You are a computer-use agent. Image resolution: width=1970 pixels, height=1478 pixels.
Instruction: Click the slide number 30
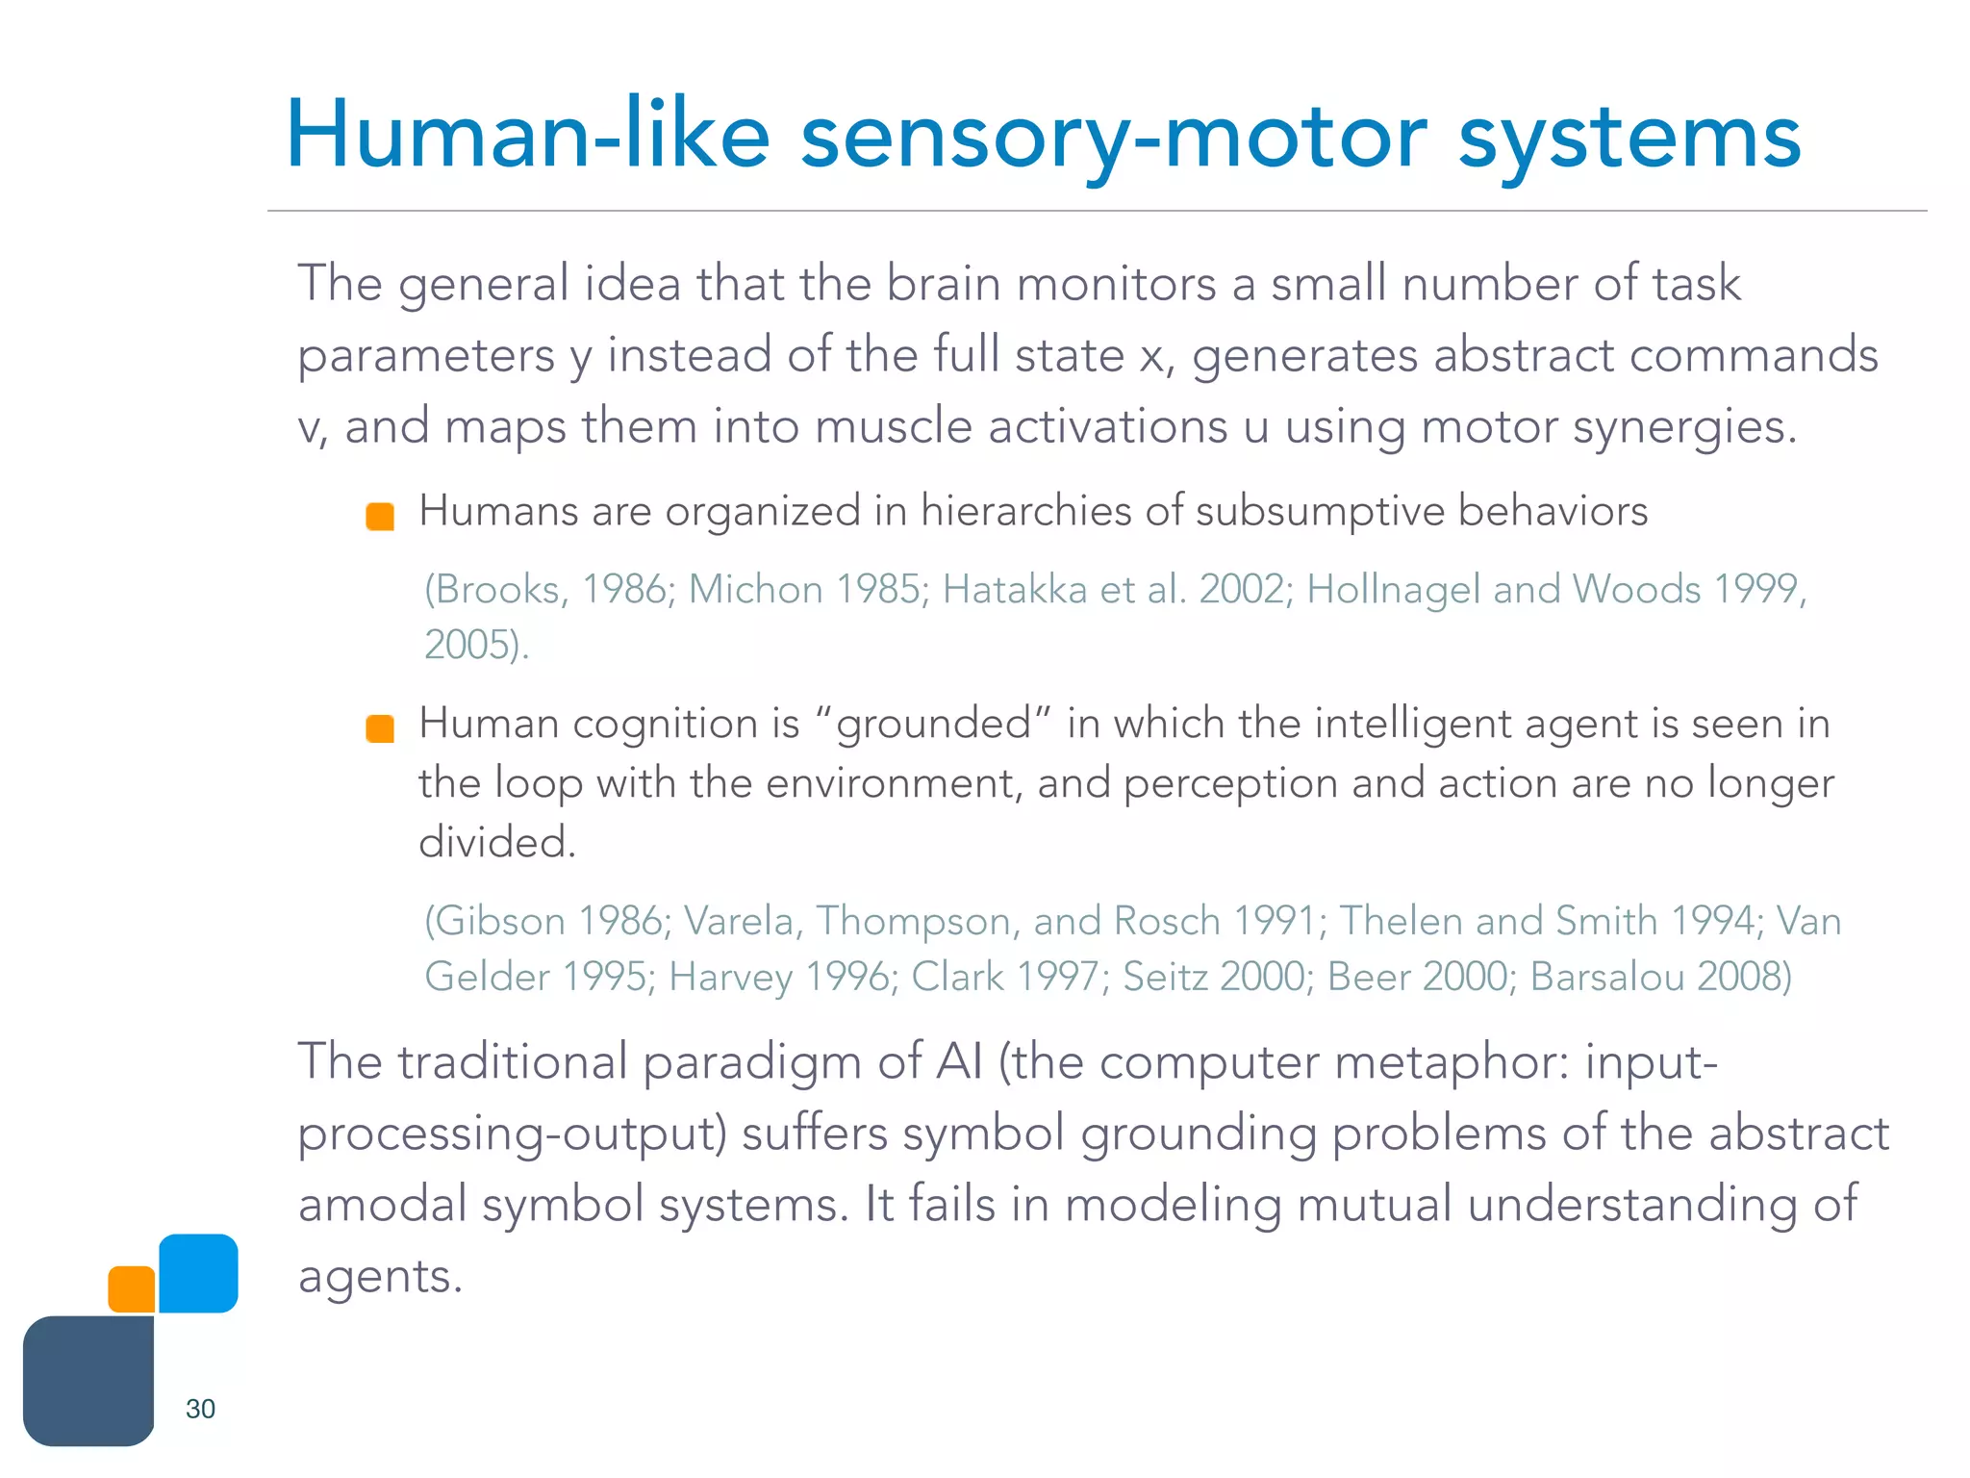click(x=200, y=1409)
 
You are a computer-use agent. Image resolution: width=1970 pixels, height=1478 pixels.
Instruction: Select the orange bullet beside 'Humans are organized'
click(x=380, y=517)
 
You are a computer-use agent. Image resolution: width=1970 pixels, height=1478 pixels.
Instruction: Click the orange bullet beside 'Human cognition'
click(x=380, y=728)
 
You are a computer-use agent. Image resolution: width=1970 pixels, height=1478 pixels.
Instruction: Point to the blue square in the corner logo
click(x=198, y=1273)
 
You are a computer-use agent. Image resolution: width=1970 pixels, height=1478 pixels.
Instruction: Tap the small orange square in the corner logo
click(x=132, y=1289)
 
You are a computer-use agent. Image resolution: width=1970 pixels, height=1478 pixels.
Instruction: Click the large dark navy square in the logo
click(x=88, y=1381)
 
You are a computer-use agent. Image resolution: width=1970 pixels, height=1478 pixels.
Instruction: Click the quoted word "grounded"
click(x=933, y=724)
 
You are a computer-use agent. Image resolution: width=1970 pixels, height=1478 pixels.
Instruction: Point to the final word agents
click(x=380, y=1278)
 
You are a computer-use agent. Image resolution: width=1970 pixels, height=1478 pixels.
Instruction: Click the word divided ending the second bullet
click(x=496, y=843)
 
